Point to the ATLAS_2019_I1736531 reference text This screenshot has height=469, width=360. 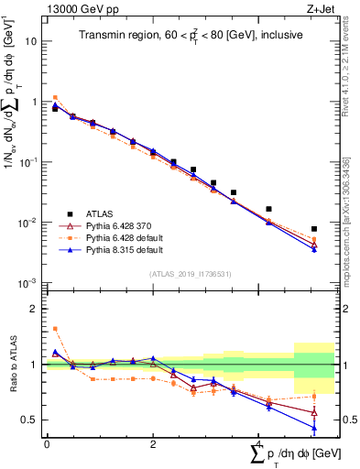[x=182, y=273]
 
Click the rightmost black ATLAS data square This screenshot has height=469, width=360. [x=314, y=229]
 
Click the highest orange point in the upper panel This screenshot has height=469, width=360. [x=55, y=97]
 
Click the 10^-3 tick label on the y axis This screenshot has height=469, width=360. [x=29, y=283]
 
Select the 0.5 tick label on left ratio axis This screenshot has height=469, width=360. [x=29, y=420]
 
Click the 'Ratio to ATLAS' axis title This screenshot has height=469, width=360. [x=10, y=365]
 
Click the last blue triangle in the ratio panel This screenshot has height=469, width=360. [x=314, y=428]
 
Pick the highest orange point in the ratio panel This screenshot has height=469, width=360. [x=55, y=328]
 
